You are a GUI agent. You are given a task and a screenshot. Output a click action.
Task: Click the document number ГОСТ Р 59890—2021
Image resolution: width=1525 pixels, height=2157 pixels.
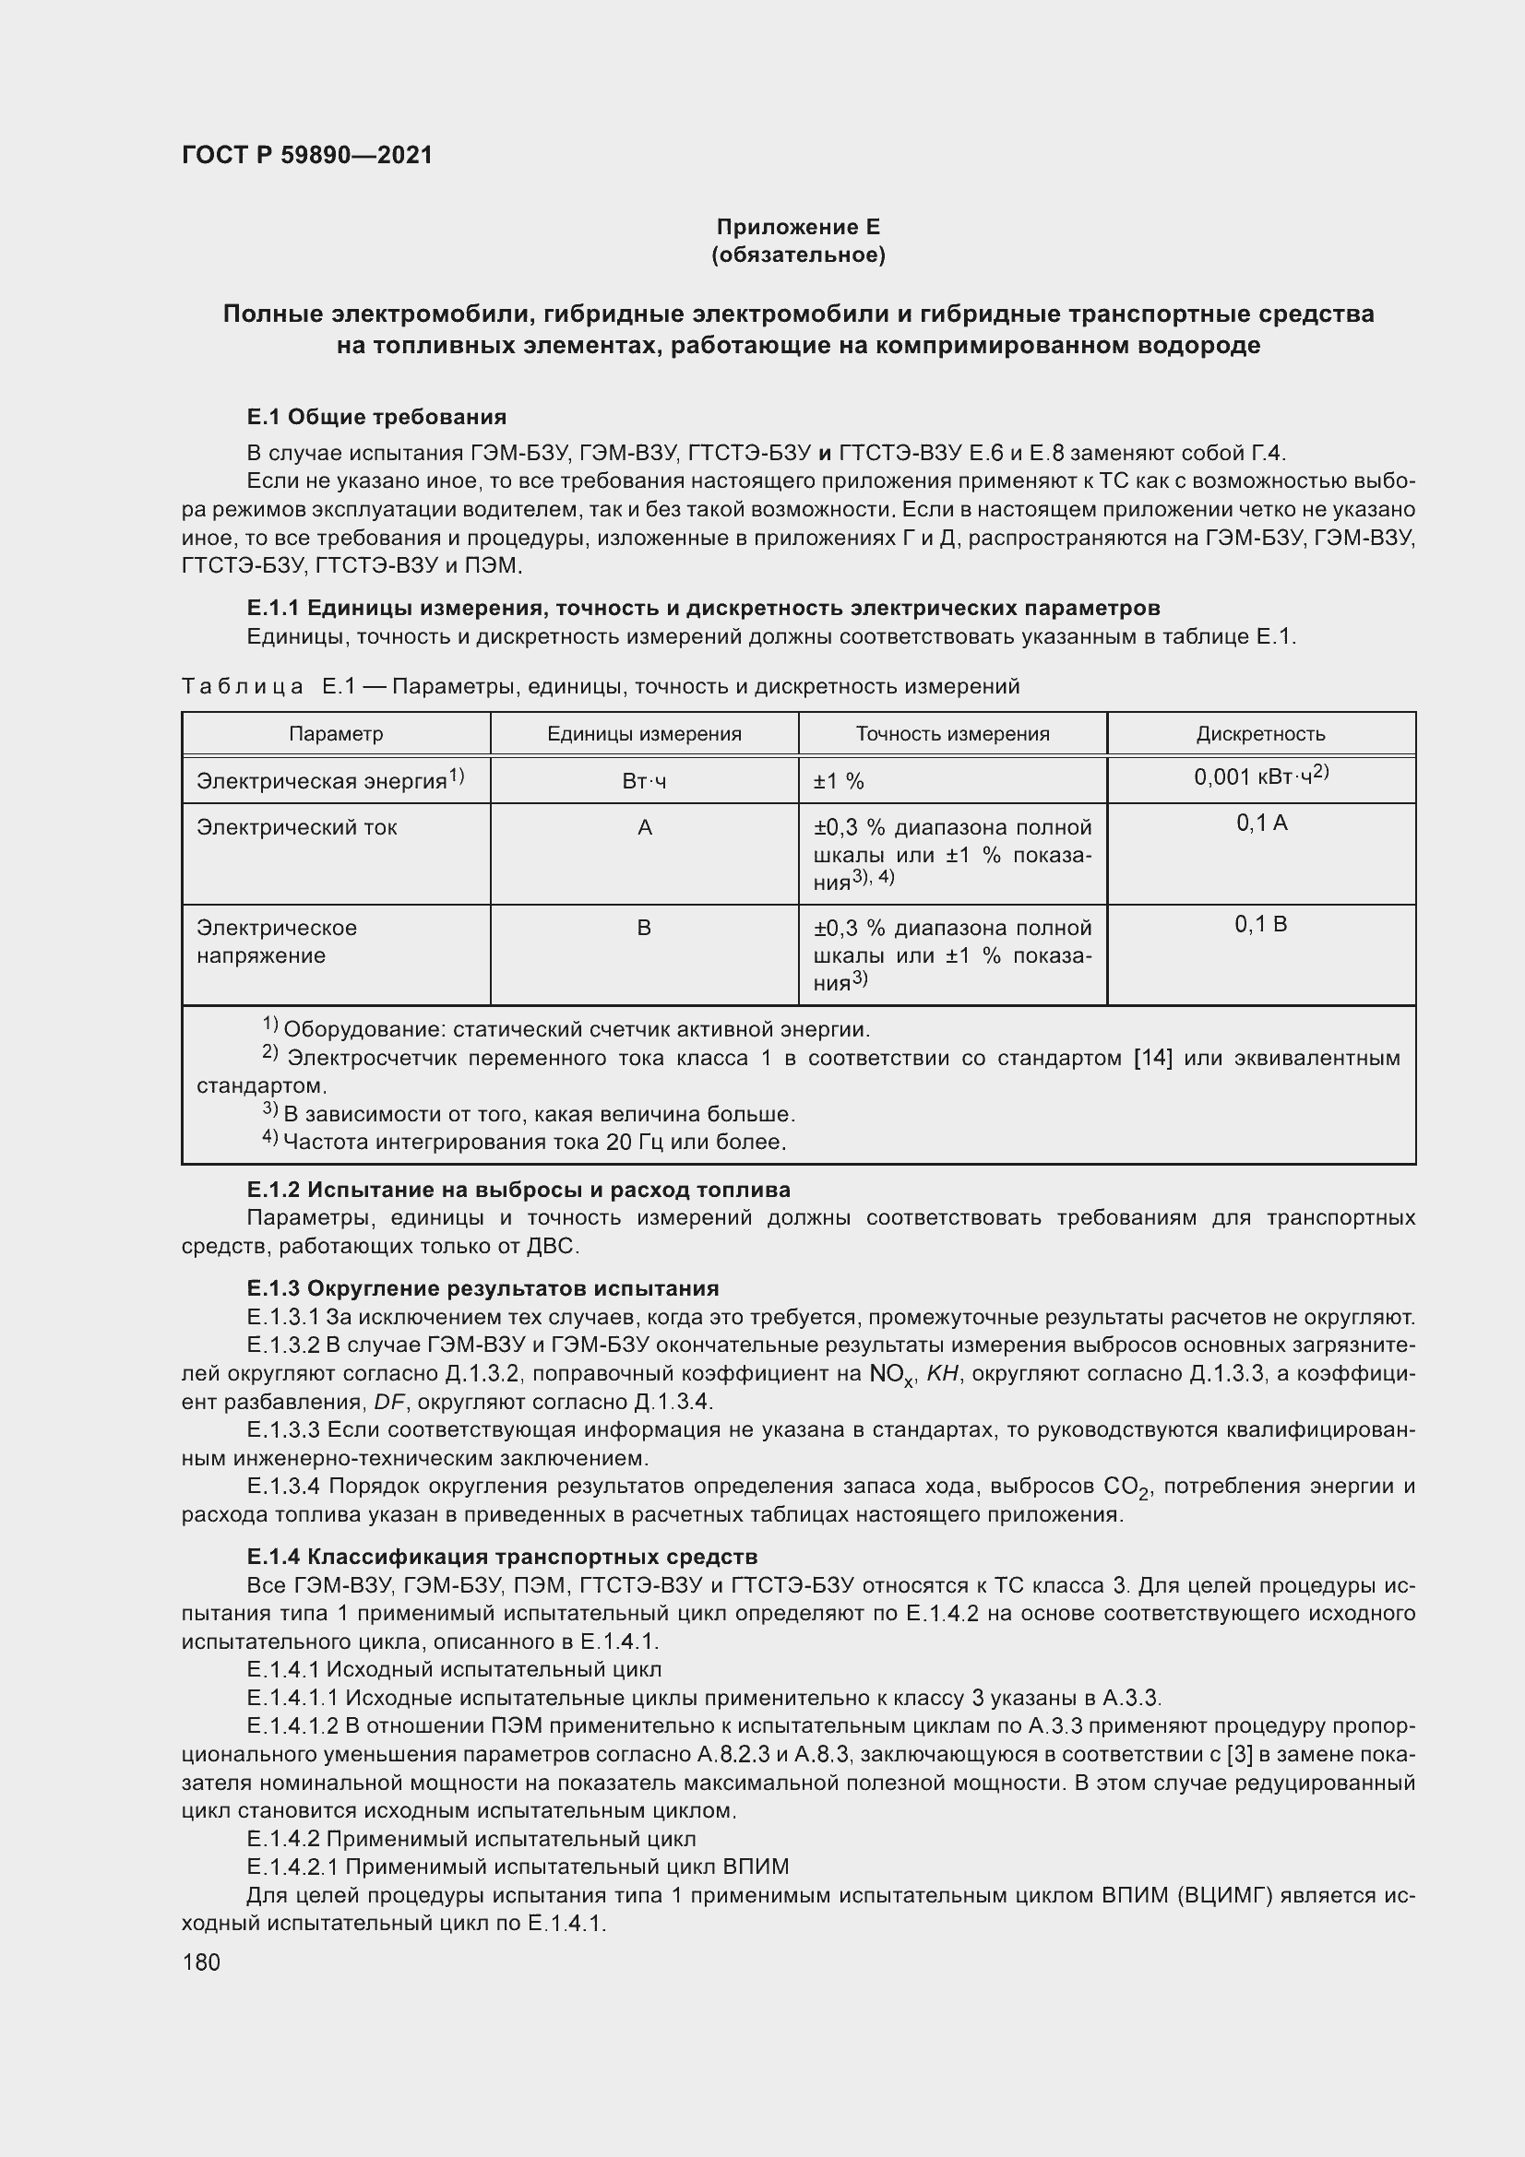tap(307, 155)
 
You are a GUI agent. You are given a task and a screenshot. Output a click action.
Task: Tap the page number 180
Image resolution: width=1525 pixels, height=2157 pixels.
tap(201, 1961)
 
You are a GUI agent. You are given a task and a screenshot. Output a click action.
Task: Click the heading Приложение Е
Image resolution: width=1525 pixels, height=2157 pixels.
tap(798, 227)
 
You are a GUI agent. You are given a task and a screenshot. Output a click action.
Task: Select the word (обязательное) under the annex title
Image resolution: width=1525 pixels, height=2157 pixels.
tap(798, 255)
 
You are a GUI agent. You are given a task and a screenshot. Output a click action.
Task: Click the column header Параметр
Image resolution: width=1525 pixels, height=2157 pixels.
tap(336, 734)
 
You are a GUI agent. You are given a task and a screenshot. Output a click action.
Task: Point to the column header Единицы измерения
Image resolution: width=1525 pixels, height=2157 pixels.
tap(644, 734)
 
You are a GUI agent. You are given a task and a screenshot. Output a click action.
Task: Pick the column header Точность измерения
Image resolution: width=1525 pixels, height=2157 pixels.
tap(952, 734)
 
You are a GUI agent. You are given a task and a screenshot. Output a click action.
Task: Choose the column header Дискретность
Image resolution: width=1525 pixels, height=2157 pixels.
tap(1260, 734)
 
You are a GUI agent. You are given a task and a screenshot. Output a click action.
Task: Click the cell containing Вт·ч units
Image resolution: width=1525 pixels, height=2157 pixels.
tap(644, 782)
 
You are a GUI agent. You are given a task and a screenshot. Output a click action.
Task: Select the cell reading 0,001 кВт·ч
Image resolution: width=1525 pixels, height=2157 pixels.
tap(1260, 776)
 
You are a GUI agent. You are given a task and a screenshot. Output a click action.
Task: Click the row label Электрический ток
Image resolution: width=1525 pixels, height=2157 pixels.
tap(296, 827)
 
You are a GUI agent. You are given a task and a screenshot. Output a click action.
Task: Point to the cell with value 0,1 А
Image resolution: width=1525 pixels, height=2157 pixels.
tap(1261, 823)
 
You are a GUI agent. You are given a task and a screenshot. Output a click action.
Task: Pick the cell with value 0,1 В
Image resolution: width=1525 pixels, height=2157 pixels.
tap(1260, 924)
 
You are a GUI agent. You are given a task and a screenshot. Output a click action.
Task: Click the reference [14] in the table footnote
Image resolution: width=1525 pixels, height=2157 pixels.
tap(1153, 1059)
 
